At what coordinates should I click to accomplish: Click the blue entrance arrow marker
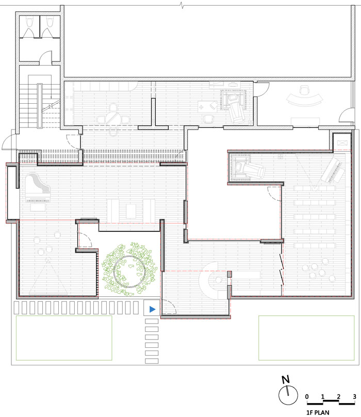tap(152, 309)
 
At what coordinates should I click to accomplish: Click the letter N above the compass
tap(286, 379)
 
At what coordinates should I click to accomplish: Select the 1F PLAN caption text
tap(318, 412)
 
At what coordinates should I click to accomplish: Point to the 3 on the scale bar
tap(354, 396)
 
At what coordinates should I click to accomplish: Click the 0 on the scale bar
tap(307, 396)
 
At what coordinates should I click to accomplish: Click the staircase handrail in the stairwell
tap(40, 106)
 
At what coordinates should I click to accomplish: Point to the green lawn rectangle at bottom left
tap(64, 338)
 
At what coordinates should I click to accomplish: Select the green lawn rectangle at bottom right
tap(306, 338)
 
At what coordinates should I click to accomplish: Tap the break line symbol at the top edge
tap(182, 5)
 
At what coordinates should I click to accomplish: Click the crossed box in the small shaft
tap(341, 143)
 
